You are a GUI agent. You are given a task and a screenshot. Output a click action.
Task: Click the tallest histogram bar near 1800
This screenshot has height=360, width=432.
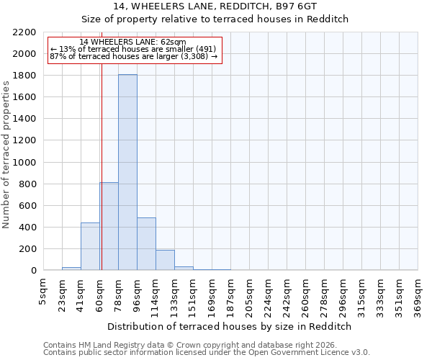[127, 173]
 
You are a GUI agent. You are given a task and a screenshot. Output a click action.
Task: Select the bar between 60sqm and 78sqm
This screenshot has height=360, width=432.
[109, 226]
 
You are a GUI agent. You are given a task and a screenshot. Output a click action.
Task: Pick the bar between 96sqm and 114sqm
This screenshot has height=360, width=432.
[146, 244]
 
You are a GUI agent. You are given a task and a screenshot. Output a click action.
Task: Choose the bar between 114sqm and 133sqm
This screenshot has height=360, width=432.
[165, 260]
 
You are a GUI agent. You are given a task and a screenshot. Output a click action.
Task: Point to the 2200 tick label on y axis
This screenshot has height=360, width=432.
[24, 32]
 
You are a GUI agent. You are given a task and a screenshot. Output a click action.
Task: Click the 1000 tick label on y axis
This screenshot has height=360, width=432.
[24, 163]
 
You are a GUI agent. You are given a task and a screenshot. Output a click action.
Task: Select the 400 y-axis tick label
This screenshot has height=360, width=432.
[27, 228]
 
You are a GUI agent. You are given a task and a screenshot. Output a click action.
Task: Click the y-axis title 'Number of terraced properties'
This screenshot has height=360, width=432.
[6, 155]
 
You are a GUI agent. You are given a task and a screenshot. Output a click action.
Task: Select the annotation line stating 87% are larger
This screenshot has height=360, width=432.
[134, 56]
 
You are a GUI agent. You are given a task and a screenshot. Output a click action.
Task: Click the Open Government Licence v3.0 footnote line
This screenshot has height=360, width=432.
[207, 353]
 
